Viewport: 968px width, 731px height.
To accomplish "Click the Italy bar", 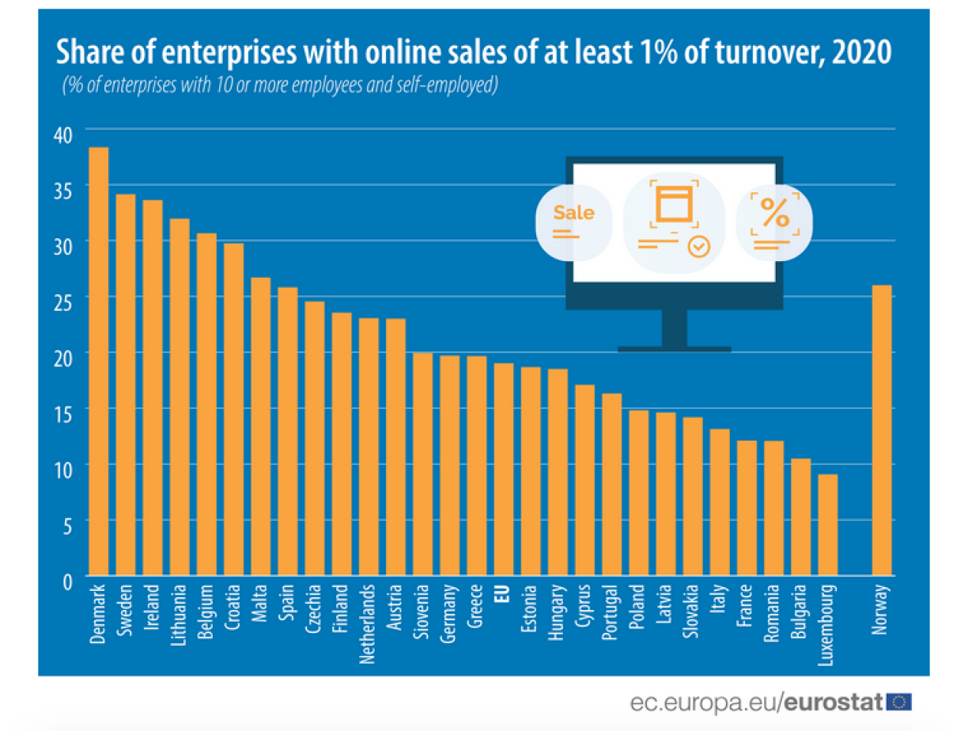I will (720, 502).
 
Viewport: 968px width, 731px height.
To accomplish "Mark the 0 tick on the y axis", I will (68, 581).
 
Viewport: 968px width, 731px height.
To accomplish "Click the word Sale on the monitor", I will (573, 213).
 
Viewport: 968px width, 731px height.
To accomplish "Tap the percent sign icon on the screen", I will (774, 212).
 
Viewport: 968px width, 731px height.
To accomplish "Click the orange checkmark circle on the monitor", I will (698, 246).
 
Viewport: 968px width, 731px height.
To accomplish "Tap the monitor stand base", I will (674, 348).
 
